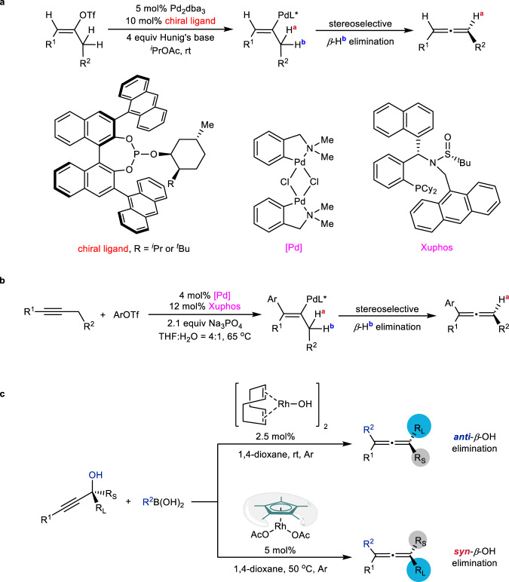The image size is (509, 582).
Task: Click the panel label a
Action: click(5, 6)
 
